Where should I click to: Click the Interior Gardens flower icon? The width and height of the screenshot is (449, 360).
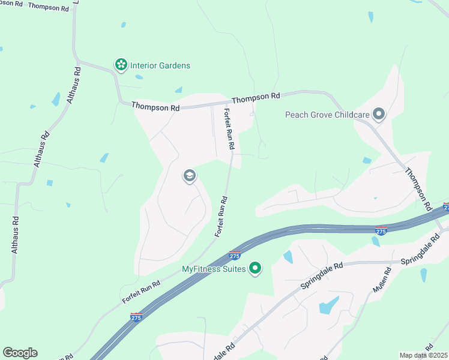[x=121, y=65]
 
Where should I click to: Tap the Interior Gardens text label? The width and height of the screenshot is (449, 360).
[x=160, y=65]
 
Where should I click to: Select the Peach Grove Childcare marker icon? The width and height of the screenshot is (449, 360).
[x=378, y=114]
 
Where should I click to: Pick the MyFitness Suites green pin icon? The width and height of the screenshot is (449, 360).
[x=255, y=269]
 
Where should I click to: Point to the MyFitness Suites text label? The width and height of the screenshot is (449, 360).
[x=214, y=269]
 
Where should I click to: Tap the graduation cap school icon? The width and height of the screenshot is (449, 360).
[x=189, y=176]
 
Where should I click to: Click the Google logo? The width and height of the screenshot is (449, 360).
[x=20, y=353]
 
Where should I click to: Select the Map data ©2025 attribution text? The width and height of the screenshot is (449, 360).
[x=423, y=355]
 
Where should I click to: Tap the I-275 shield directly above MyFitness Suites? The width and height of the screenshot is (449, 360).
[x=235, y=255]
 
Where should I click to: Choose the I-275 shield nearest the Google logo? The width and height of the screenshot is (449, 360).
[x=136, y=317]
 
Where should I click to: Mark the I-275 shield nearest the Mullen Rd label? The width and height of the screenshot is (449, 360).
[x=381, y=230]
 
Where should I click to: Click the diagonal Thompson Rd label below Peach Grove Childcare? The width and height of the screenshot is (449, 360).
[x=418, y=188]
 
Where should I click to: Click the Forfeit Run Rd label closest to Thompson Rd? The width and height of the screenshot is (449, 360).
[x=229, y=128]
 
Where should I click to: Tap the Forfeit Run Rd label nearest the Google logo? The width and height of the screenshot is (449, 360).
[x=141, y=291]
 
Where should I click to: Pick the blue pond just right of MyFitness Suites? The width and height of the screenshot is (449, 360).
[x=288, y=257]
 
